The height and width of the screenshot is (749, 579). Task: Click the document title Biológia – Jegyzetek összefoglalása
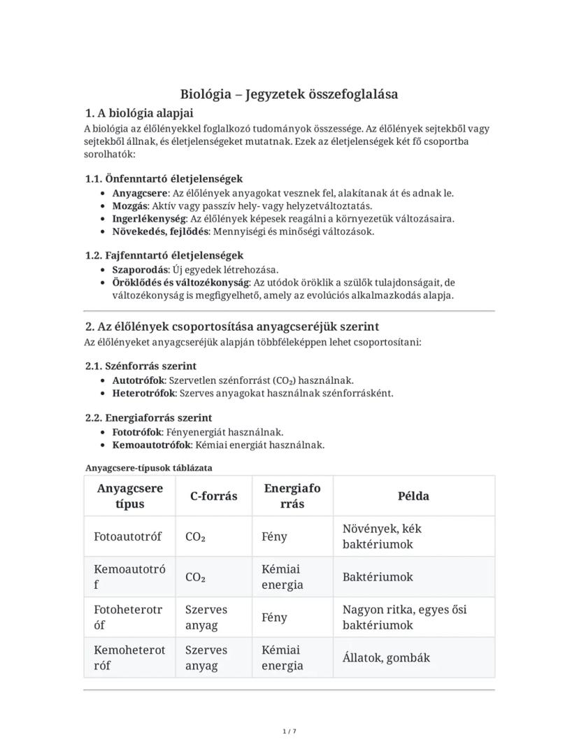(x=289, y=94)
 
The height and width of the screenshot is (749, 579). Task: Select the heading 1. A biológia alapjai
(x=139, y=113)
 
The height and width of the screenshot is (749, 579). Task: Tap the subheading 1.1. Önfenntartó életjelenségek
(x=164, y=178)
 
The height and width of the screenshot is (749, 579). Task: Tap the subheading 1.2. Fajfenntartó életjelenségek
(x=164, y=255)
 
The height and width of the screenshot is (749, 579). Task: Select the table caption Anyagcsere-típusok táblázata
(x=148, y=467)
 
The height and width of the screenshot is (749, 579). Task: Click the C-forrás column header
(x=213, y=496)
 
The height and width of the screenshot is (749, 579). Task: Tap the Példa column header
(x=413, y=496)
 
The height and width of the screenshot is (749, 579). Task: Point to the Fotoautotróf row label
(x=127, y=536)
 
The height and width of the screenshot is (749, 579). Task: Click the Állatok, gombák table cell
(x=386, y=657)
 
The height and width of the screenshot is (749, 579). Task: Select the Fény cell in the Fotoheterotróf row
(x=274, y=618)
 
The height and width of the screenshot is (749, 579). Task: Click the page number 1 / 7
(x=289, y=732)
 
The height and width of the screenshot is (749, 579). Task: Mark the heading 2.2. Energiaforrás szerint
(x=148, y=418)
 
